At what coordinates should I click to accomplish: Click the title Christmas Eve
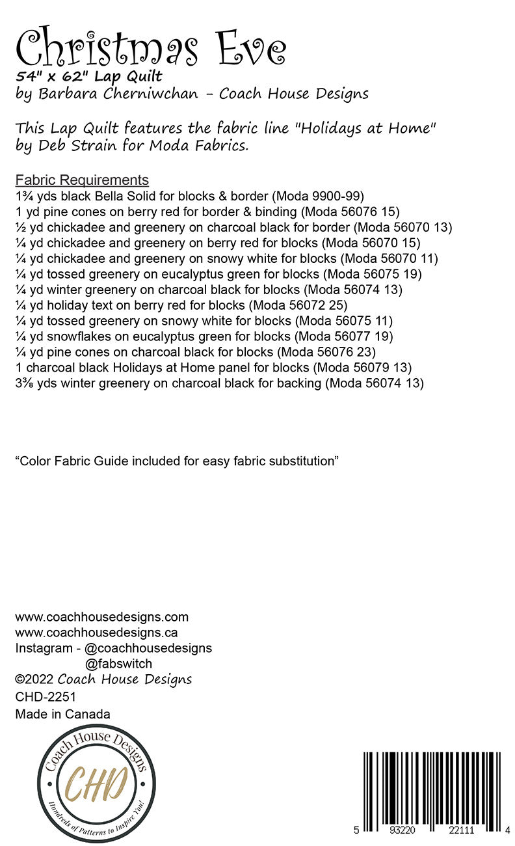pyautogui.click(x=150, y=47)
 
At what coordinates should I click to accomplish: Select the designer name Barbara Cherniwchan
pyautogui.click(x=118, y=94)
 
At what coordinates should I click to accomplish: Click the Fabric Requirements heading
pyautogui.click(x=82, y=180)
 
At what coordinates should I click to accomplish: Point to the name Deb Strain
pyautogui.click(x=72, y=145)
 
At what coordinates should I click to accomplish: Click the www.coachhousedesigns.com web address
pyautogui.click(x=101, y=617)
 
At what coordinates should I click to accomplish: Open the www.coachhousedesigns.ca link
pyautogui.click(x=97, y=633)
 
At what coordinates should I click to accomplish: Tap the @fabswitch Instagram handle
pyautogui.click(x=118, y=664)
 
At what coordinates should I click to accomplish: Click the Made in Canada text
pyautogui.click(x=62, y=714)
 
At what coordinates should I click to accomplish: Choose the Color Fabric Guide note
pyautogui.click(x=178, y=461)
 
